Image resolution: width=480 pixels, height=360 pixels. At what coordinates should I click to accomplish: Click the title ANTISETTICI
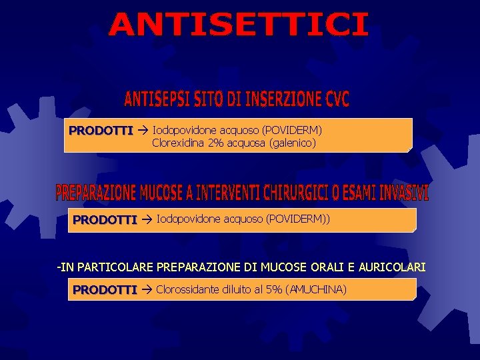[x=238, y=25]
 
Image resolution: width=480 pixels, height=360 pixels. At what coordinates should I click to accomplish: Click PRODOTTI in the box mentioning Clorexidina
[x=101, y=130]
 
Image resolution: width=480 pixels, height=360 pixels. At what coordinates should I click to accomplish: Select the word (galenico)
[x=289, y=142]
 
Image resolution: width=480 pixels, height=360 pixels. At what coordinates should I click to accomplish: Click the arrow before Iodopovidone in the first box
[x=143, y=130]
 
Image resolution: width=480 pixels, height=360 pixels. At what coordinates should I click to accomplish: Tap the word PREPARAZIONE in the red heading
[x=96, y=193]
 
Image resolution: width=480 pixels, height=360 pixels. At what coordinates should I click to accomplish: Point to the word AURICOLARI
[x=392, y=267]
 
